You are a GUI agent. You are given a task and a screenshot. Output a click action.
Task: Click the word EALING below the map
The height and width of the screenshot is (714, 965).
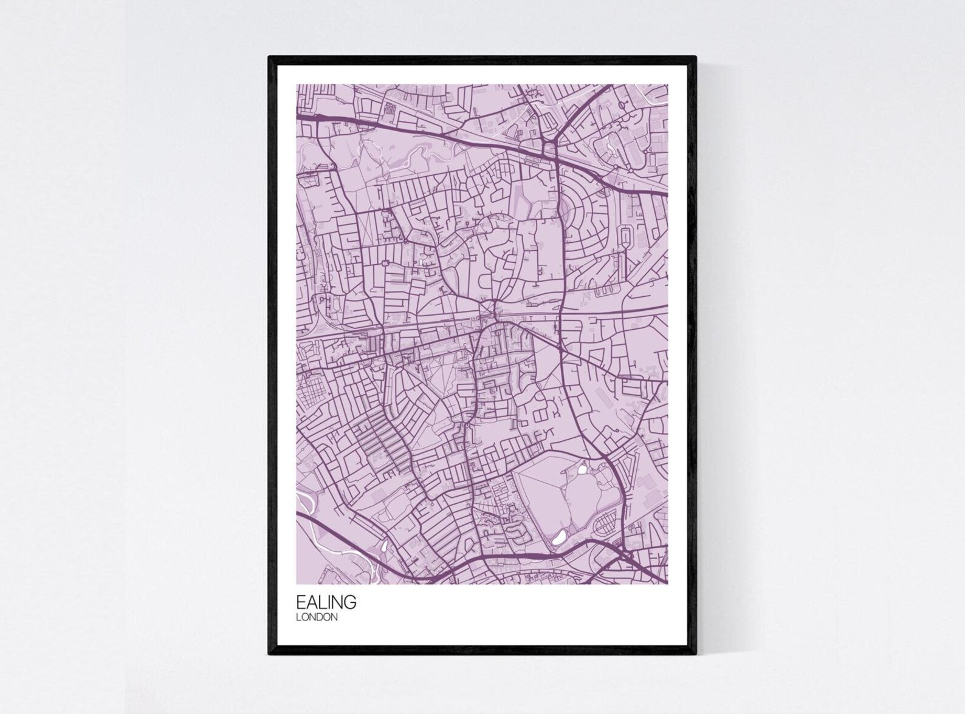326,603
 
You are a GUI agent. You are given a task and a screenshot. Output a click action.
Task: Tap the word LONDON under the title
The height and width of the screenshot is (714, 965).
317,617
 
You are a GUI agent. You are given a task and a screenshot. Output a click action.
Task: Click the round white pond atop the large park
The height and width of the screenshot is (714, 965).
583,469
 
